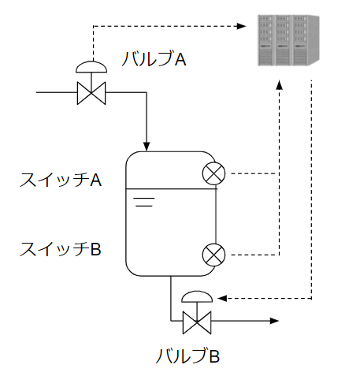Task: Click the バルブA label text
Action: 154,59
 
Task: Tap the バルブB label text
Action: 187,356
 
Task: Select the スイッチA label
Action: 61,180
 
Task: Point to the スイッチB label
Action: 61,249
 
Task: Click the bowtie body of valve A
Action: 91,93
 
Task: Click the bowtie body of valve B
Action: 197,322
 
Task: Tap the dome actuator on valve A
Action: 91,67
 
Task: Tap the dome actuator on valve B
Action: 197,296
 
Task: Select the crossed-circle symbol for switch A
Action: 214,173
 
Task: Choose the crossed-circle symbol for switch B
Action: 214,255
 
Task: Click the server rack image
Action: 288,40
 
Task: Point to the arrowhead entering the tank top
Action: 147,147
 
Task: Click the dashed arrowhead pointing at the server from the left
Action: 241,26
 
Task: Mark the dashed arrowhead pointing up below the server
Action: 279,85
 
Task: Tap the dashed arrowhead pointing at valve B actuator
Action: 222,298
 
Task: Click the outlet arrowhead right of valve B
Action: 274,321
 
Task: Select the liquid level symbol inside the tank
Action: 144,202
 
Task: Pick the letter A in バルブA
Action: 180,59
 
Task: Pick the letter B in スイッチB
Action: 96,249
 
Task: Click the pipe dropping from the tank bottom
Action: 171,298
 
